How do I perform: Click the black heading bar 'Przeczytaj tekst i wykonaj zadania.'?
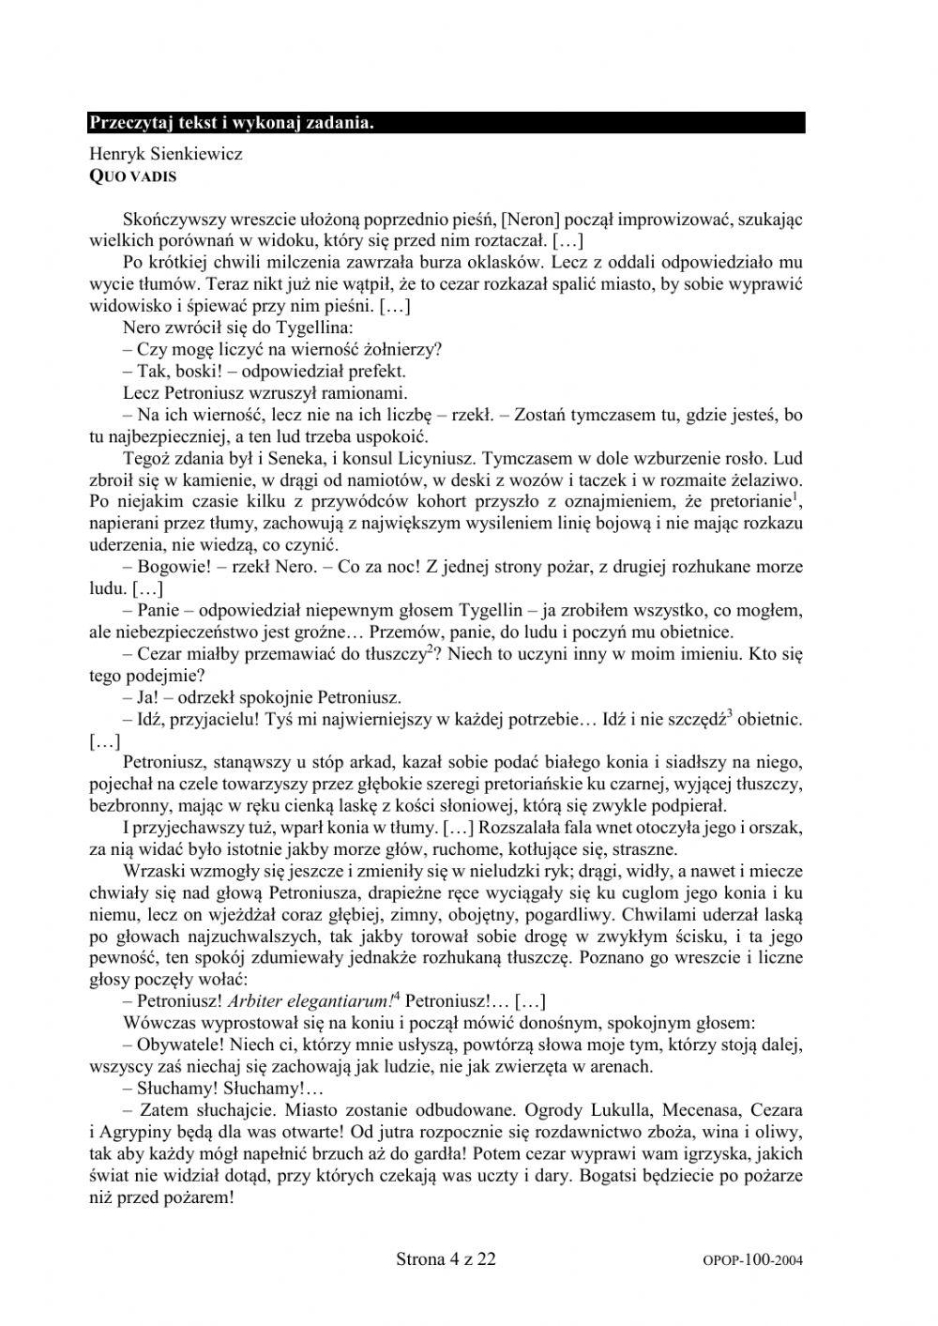[446, 123]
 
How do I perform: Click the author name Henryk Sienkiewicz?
[165, 154]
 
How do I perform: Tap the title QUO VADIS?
[132, 175]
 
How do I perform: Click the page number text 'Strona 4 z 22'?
[446, 1258]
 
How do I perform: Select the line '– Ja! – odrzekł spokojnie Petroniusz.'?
[262, 697]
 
